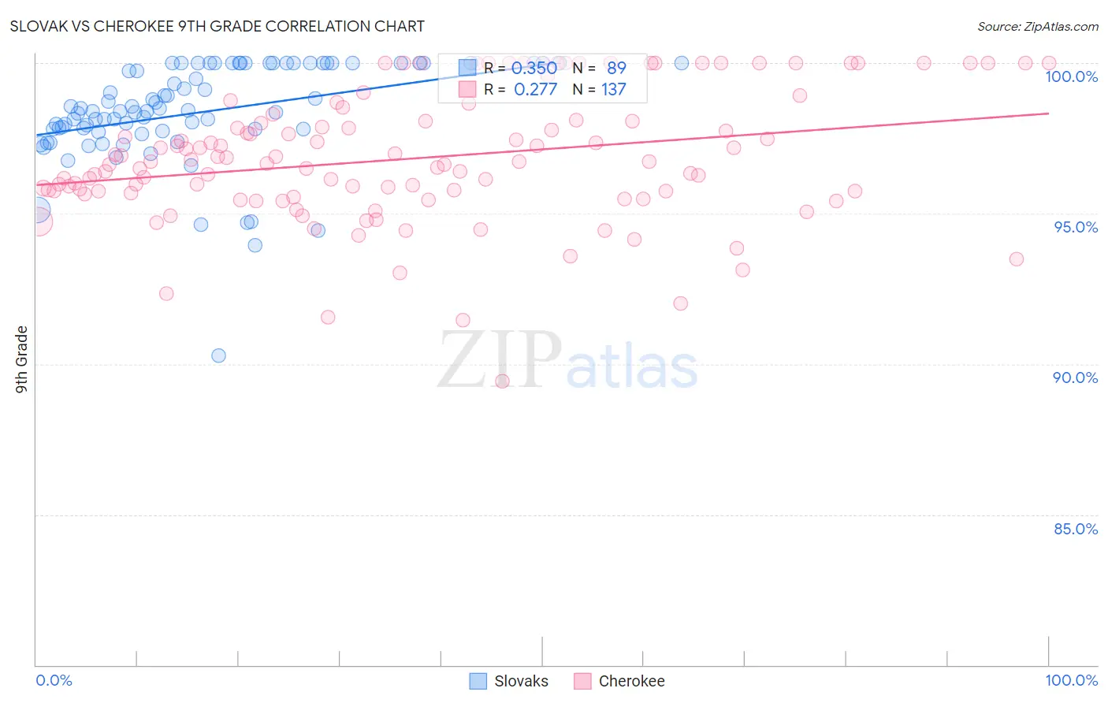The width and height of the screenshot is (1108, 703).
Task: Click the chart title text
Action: tap(217, 26)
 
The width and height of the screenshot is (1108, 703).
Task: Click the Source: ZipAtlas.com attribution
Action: tap(1037, 26)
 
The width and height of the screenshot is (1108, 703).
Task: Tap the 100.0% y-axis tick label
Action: tap(1071, 76)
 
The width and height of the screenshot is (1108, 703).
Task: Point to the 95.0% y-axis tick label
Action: tap(1075, 227)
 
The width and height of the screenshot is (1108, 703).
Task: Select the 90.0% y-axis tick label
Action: tap(1075, 378)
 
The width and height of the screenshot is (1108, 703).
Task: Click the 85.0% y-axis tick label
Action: tap(1075, 529)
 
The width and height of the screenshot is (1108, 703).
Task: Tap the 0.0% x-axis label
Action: tap(54, 680)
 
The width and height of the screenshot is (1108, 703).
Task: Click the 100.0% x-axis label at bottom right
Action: tap(1071, 680)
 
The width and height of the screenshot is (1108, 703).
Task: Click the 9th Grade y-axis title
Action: tap(22, 359)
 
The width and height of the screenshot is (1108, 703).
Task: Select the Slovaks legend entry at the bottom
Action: tap(509, 681)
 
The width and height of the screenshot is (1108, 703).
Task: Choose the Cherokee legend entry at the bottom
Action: tap(619, 681)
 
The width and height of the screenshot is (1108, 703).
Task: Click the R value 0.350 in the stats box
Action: tap(535, 69)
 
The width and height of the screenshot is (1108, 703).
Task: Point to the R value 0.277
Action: tap(535, 90)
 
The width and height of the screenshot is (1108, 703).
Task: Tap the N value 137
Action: tap(614, 90)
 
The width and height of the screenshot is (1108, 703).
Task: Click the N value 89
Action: tap(616, 69)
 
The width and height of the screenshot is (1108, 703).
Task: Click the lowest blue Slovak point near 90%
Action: tap(219, 355)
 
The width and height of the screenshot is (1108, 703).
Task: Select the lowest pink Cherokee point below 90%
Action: tap(502, 381)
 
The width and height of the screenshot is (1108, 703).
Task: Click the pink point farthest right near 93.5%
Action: tap(1017, 259)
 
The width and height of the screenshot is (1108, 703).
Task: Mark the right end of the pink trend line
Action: tap(1048, 113)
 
